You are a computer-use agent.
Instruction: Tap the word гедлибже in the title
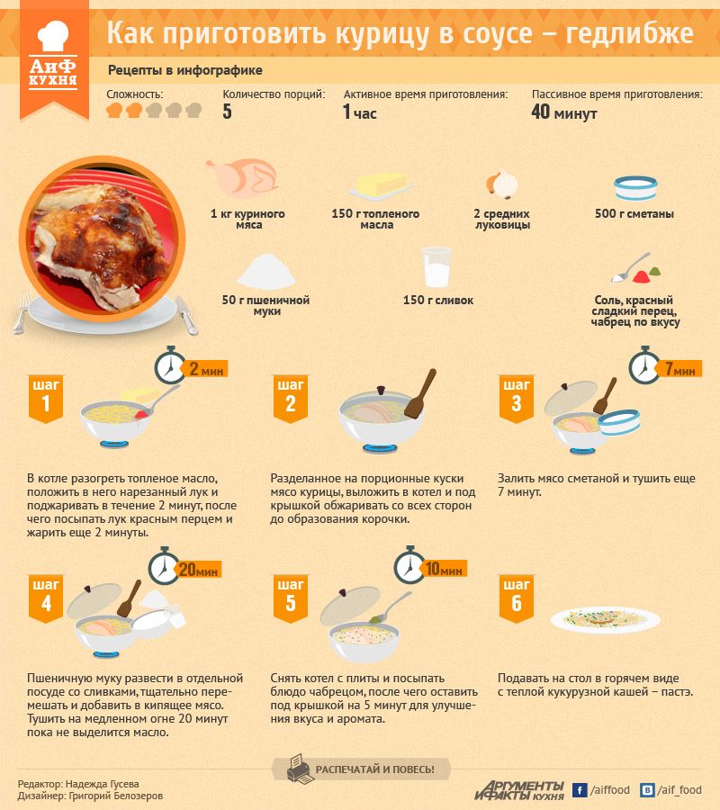pyautogui.click(x=629, y=32)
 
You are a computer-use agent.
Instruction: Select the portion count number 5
pyautogui.click(x=228, y=112)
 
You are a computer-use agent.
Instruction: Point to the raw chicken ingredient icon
pyautogui.click(x=243, y=177)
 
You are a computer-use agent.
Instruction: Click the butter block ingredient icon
pyautogui.click(x=380, y=186)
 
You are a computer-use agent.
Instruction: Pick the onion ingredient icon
pyautogui.click(x=502, y=184)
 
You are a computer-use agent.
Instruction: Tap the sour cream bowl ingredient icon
pyautogui.click(x=635, y=188)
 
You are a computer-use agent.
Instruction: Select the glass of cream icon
pyautogui.click(x=436, y=267)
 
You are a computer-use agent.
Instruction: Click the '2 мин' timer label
pyautogui.click(x=205, y=369)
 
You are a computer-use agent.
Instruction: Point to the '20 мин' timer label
pyautogui.click(x=198, y=570)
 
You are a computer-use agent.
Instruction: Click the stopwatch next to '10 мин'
pyautogui.click(x=409, y=566)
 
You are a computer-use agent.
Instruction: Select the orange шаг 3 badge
pyautogui.click(x=516, y=399)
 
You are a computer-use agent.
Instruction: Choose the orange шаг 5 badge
pyautogui.click(x=291, y=598)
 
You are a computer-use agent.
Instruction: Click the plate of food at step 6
pyautogui.click(x=606, y=619)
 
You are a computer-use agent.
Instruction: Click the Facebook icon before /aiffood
pyautogui.click(x=580, y=790)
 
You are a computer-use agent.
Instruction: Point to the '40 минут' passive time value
pyautogui.click(x=564, y=112)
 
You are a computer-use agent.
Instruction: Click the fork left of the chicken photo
pyautogui.click(x=22, y=311)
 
